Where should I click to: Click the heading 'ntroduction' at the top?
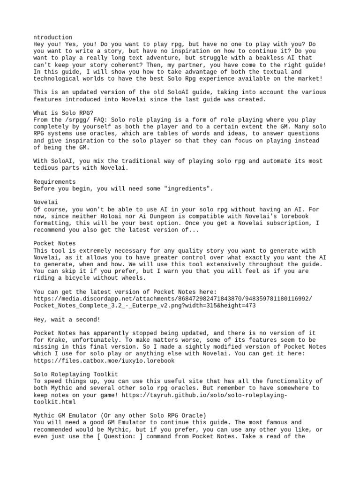pos(52,37)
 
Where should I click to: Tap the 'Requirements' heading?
pos(54,181)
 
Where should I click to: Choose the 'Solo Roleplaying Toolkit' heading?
pos(75,374)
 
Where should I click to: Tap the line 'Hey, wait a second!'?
pos(67,319)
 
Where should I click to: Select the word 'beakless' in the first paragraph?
pos(260,58)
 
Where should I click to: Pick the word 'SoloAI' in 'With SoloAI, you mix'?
pos(61,161)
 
